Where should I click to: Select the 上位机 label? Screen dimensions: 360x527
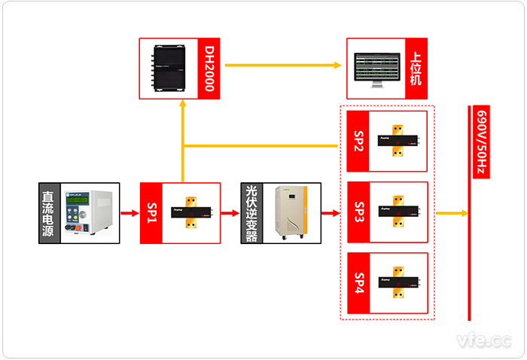[414, 69]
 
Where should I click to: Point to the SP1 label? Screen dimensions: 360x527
[151, 213]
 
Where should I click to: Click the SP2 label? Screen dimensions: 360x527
[358, 142]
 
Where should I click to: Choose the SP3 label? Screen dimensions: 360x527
[358, 213]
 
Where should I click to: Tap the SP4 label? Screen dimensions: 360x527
[358, 283]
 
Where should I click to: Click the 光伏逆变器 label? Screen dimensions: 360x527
[251, 213]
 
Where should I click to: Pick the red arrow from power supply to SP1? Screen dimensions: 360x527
[129, 214]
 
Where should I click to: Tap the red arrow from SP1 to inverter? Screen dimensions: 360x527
[230, 214]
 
